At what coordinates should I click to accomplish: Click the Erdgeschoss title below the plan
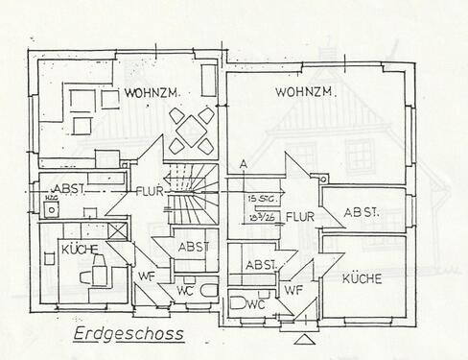click(128, 335)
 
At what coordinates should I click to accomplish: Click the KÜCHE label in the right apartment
click(360, 278)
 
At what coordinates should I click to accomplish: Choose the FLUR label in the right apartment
click(301, 216)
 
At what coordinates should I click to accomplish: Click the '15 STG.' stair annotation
click(259, 199)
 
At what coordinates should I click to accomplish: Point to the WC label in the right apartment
click(255, 303)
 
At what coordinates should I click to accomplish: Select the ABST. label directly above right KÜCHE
click(362, 212)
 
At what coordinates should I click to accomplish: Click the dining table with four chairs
click(191, 132)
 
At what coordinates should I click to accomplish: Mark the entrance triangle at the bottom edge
click(304, 339)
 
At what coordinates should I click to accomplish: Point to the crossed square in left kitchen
click(117, 231)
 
